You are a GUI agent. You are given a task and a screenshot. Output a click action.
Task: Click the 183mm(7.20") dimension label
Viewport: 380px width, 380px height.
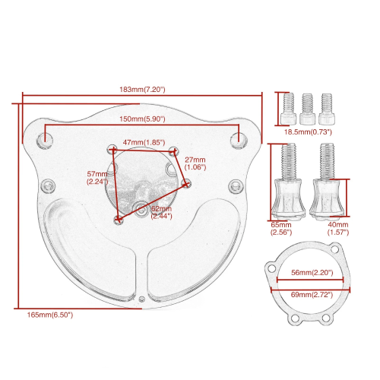pos(142,90)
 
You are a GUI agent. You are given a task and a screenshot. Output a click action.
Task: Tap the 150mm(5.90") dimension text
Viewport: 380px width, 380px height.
pos(142,119)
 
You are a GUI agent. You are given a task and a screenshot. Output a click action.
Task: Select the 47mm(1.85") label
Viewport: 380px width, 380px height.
pos(144,142)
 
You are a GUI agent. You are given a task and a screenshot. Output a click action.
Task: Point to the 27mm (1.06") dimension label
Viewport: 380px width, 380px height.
pos(195,163)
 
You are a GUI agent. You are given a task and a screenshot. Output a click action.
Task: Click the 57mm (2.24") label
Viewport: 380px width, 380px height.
pos(97,178)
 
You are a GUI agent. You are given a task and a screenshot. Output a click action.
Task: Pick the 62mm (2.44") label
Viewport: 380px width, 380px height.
pos(161,212)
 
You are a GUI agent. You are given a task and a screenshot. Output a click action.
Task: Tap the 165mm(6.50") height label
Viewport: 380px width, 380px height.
pos(50,315)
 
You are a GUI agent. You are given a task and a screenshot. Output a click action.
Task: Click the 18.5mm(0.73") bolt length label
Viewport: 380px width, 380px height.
pos(308,132)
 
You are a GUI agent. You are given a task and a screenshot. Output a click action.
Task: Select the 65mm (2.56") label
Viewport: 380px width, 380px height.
pos(281,229)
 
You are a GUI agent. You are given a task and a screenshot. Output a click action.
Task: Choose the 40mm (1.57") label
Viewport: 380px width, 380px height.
pos(338,229)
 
